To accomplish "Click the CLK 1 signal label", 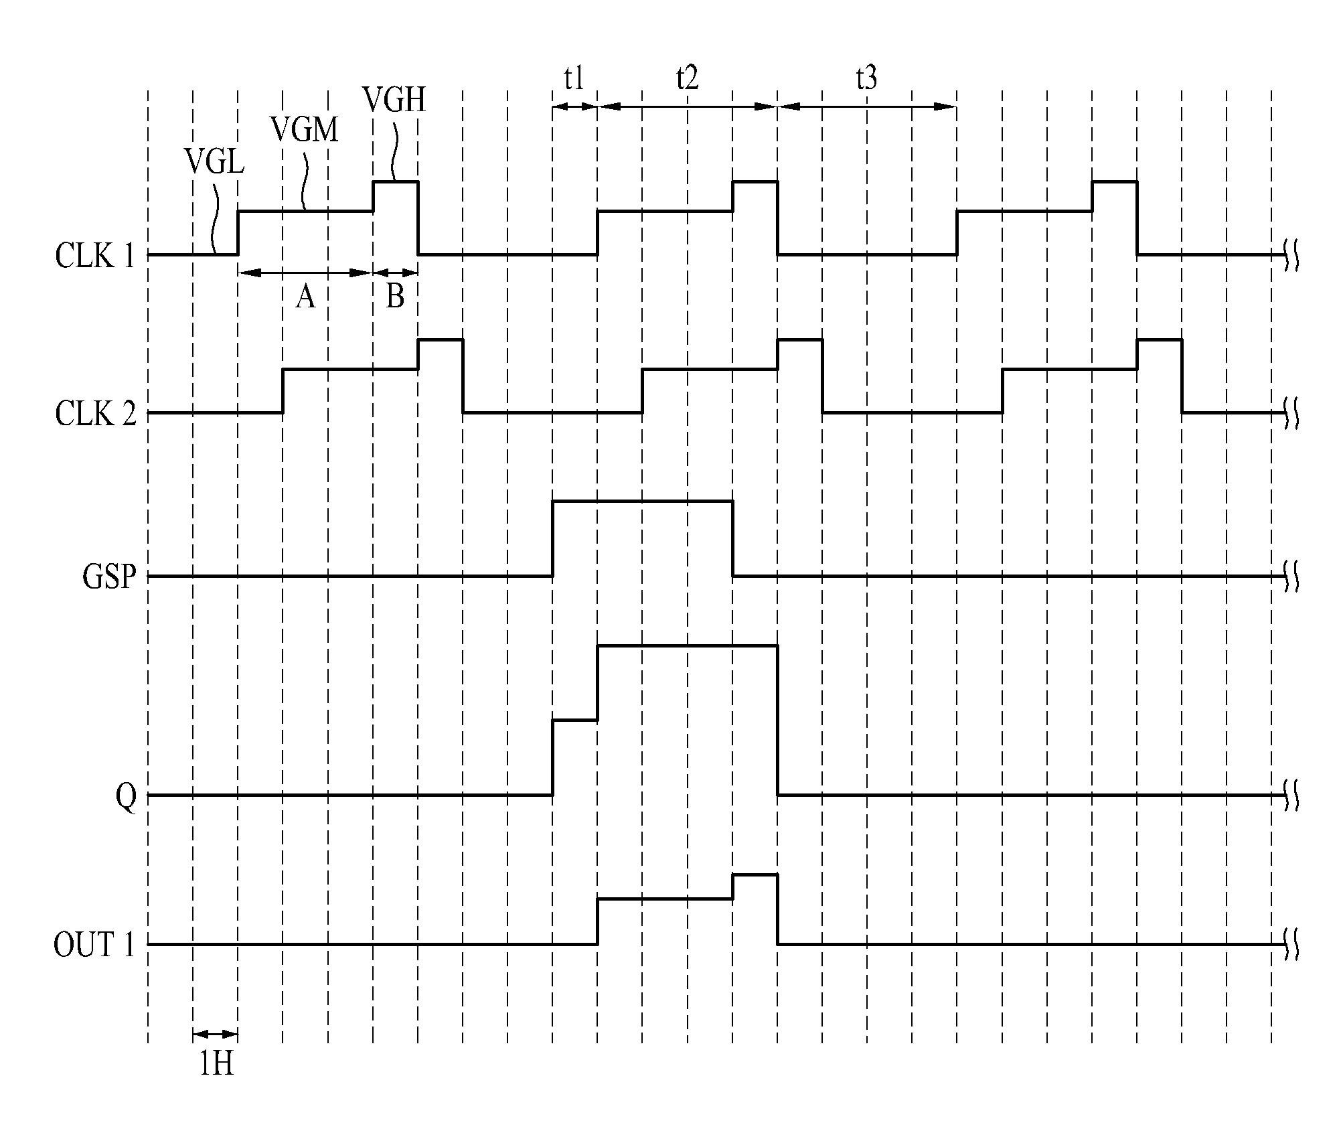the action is [x=95, y=255].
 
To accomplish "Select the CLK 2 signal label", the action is [x=95, y=414].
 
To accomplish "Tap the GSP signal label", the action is [x=109, y=576].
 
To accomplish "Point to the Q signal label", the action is [x=126, y=797].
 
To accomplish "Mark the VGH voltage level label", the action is [x=394, y=99].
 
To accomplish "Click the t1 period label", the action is [x=574, y=78].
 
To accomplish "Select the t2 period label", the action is [x=688, y=78].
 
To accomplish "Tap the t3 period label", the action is [x=866, y=78].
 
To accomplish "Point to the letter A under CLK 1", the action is [x=305, y=295].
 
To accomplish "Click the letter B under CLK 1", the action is [x=395, y=295].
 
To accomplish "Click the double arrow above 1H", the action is [x=215, y=1034].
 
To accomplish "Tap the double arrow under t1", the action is [x=574, y=106].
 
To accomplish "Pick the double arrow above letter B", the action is [x=395, y=273].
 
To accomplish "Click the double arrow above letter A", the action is [x=305, y=273].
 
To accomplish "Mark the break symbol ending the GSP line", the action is [x=1291, y=577].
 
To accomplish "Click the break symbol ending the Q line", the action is [x=1291, y=795].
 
